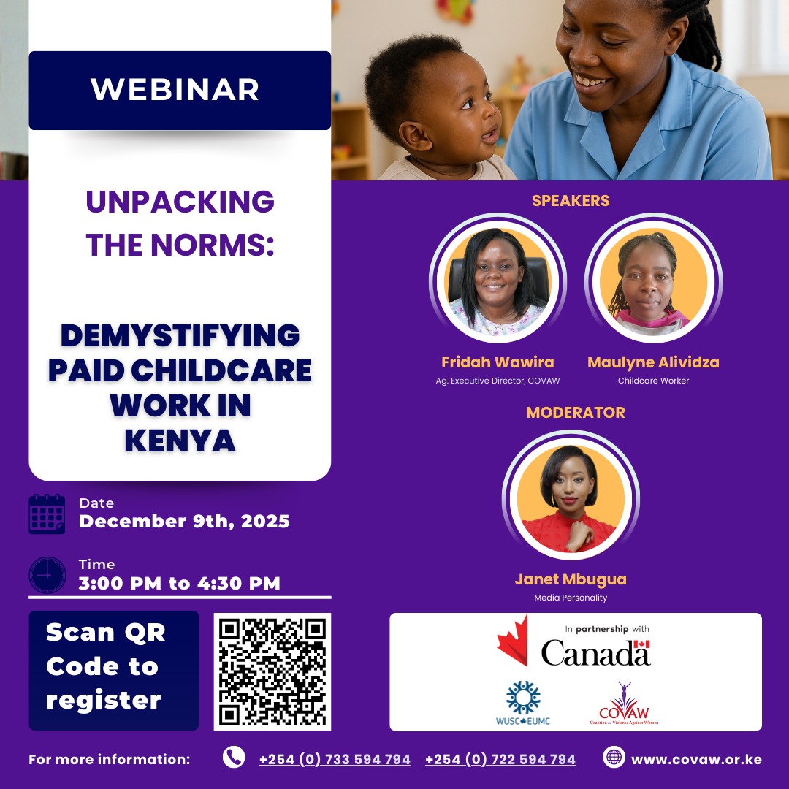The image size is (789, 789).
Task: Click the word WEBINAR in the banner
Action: click(x=175, y=89)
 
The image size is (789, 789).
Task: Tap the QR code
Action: click(x=272, y=671)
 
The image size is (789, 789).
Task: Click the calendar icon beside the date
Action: click(x=47, y=514)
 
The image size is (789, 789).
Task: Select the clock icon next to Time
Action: click(x=47, y=574)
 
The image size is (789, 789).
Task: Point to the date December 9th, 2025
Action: click(x=184, y=522)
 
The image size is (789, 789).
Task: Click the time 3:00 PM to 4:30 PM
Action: click(x=180, y=583)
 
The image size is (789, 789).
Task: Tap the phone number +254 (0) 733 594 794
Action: click(x=335, y=760)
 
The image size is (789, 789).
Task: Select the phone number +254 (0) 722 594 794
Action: click(x=500, y=760)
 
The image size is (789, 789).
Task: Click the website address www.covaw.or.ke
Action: click(x=696, y=760)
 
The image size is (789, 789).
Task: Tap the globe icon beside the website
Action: click(x=614, y=758)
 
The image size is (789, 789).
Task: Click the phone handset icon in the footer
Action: click(x=234, y=758)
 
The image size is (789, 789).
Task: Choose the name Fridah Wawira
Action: click(x=498, y=362)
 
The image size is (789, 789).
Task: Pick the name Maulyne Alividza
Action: click(x=653, y=362)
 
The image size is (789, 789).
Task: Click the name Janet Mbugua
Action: click(x=571, y=580)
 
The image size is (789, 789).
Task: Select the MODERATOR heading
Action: click(x=576, y=413)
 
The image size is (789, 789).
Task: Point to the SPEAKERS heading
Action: click(x=571, y=201)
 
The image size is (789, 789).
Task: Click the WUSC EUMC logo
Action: click(x=522, y=704)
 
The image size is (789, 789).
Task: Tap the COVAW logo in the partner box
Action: click(x=623, y=704)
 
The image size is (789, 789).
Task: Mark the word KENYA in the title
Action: click(x=180, y=441)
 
